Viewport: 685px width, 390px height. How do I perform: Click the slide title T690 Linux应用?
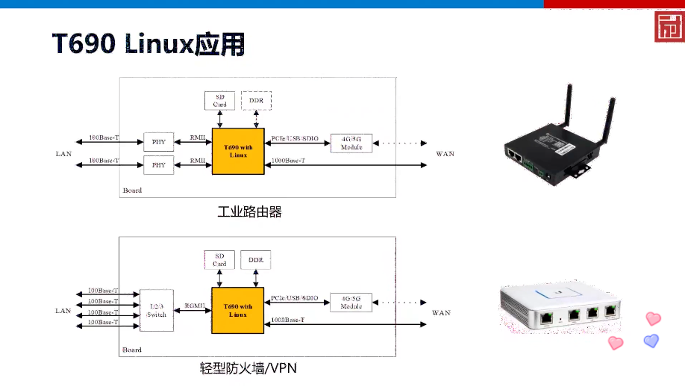pyautogui.click(x=148, y=44)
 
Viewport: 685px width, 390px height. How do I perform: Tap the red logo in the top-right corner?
pyautogui.click(x=669, y=28)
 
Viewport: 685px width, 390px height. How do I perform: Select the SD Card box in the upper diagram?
pyautogui.click(x=220, y=100)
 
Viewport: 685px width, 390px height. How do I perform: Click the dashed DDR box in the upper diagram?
pyautogui.click(x=256, y=100)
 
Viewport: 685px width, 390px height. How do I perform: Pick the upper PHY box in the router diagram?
pyautogui.click(x=158, y=142)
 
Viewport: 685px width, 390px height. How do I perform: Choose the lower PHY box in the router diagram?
pyautogui.click(x=158, y=164)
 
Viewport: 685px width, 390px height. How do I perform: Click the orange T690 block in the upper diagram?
pyautogui.click(x=238, y=151)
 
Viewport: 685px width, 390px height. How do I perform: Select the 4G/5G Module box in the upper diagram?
pyautogui.click(x=351, y=142)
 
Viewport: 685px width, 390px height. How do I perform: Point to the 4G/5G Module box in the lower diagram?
pyautogui.click(x=351, y=302)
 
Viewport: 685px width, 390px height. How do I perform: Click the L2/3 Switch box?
pyautogui.click(x=157, y=310)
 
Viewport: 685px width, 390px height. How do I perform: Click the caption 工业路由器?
pyautogui.click(x=249, y=212)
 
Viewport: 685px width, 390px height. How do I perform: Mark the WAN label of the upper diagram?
pyautogui.click(x=445, y=154)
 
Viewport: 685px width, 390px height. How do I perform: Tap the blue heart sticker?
pyautogui.click(x=651, y=341)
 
